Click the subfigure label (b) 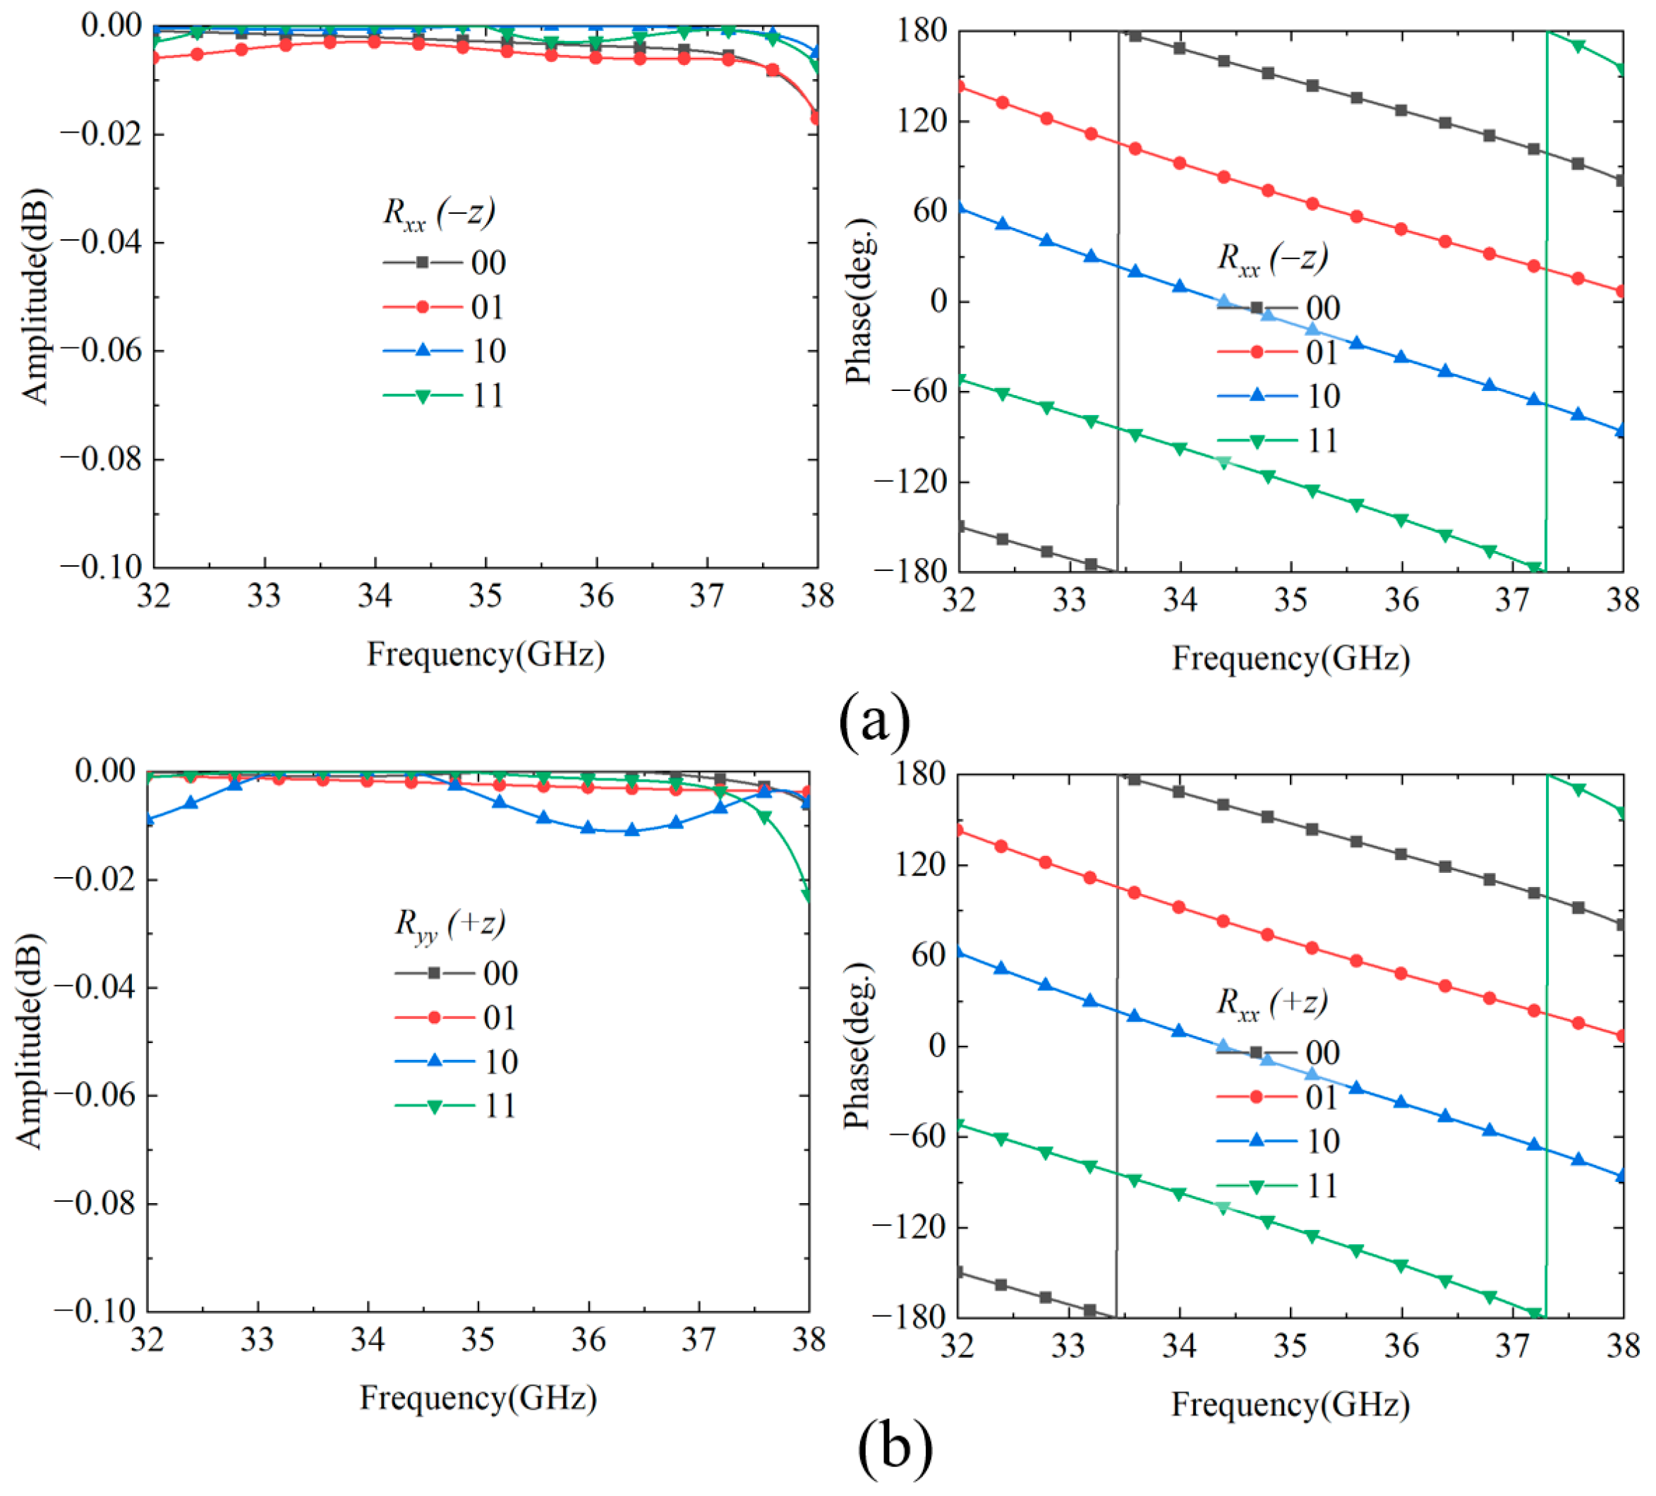coord(895,1448)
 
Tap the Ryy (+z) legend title coord(449,925)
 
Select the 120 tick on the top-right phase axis coord(921,121)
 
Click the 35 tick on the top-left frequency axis coord(485,596)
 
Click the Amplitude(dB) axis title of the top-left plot coord(35,297)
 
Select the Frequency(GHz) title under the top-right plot coord(1291,658)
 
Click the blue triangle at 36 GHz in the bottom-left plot coord(588,827)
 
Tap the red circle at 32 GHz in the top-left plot coord(155,57)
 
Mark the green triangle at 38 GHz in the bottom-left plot coord(809,895)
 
